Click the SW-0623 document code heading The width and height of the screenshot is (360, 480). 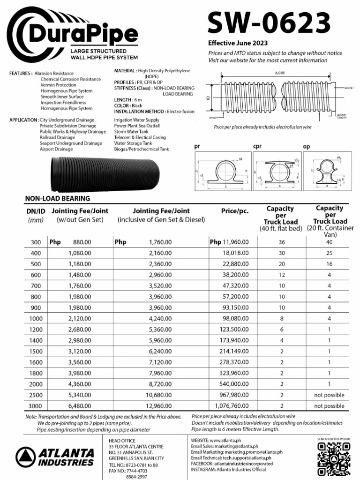[269, 22]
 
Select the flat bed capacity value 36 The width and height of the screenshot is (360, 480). [282, 242]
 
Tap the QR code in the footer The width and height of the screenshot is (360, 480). [334, 458]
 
